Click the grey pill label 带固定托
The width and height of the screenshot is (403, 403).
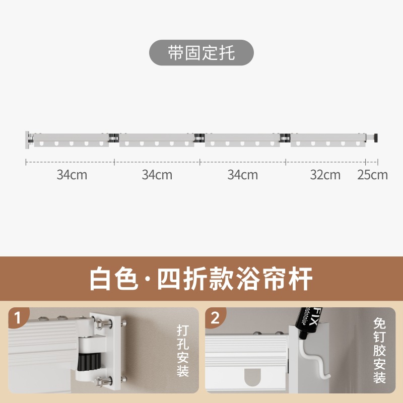click(x=201, y=52)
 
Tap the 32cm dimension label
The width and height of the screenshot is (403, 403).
click(x=325, y=175)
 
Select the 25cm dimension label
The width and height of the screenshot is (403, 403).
click(x=372, y=175)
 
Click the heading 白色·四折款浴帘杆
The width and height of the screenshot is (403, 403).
click(x=201, y=278)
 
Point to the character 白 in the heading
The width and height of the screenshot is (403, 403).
click(x=101, y=278)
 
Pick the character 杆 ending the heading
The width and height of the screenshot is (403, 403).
click(x=301, y=278)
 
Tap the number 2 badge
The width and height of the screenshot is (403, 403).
click(x=215, y=318)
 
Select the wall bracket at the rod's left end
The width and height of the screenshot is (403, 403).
click(x=28, y=139)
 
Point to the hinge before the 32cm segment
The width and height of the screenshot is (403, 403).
click(x=286, y=137)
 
